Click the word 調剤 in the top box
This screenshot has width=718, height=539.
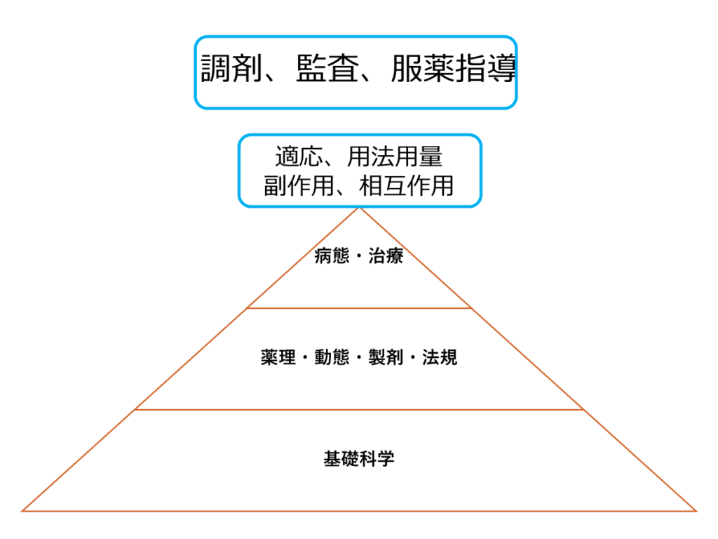click(x=231, y=68)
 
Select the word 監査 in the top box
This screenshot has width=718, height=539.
click(x=327, y=68)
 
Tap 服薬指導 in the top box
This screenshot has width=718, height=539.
click(x=454, y=68)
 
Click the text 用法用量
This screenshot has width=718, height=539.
click(x=395, y=157)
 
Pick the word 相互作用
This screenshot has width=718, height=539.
click(x=407, y=185)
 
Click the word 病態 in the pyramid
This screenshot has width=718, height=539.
click(x=332, y=255)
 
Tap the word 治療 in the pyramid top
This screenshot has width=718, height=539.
click(x=386, y=255)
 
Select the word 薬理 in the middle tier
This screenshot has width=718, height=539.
click(x=278, y=357)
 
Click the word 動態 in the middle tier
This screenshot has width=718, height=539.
click(x=332, y=357)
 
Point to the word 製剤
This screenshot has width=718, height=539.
click(x=386, y=357)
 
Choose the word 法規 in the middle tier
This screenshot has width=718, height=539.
click(x=440, y=357)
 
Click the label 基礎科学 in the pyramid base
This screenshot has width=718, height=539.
click(x=359, y=458)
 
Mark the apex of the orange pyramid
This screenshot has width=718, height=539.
click(x=360, y=208)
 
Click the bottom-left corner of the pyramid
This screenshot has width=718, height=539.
click(x=22, y=511)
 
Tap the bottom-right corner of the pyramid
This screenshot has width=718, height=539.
click(x=696, y=511)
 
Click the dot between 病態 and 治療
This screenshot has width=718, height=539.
click(x=359, y=256)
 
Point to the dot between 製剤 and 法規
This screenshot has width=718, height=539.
click(x=413, y=357)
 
